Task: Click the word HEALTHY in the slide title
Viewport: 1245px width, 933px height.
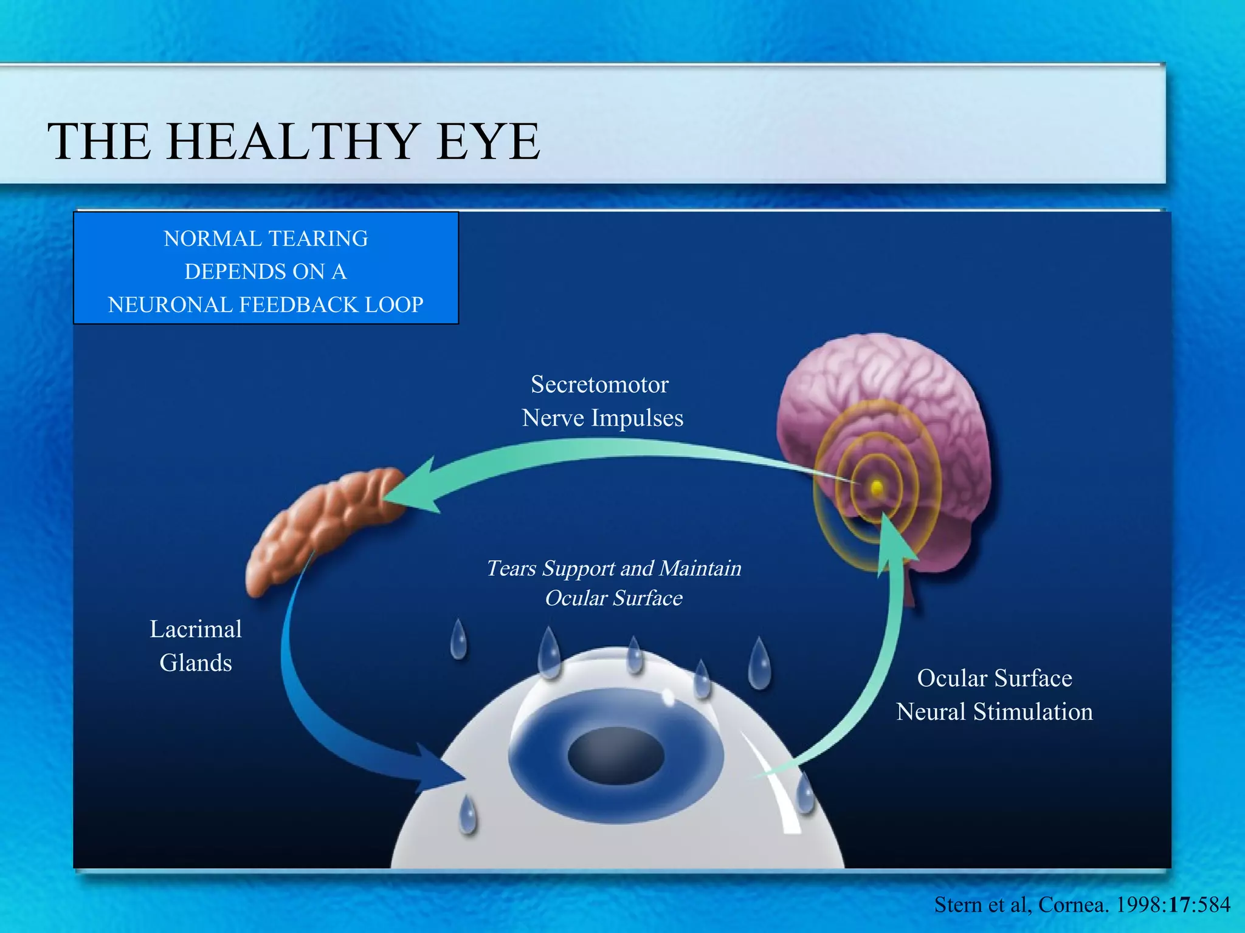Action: (294, 142)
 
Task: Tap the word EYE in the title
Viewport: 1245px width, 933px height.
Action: (488, 142)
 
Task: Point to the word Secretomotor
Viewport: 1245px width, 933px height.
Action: (599, 384)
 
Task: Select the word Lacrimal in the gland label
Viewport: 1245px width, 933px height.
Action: (196, 629)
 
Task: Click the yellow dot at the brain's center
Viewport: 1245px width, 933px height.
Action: (876, 487)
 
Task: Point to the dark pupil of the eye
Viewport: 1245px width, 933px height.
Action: (615, 756)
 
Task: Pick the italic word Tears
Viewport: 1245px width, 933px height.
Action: (511, 569)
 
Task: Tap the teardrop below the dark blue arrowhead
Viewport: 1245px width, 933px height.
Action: (467, 815)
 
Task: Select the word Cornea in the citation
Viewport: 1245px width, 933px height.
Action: (1071, 905)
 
